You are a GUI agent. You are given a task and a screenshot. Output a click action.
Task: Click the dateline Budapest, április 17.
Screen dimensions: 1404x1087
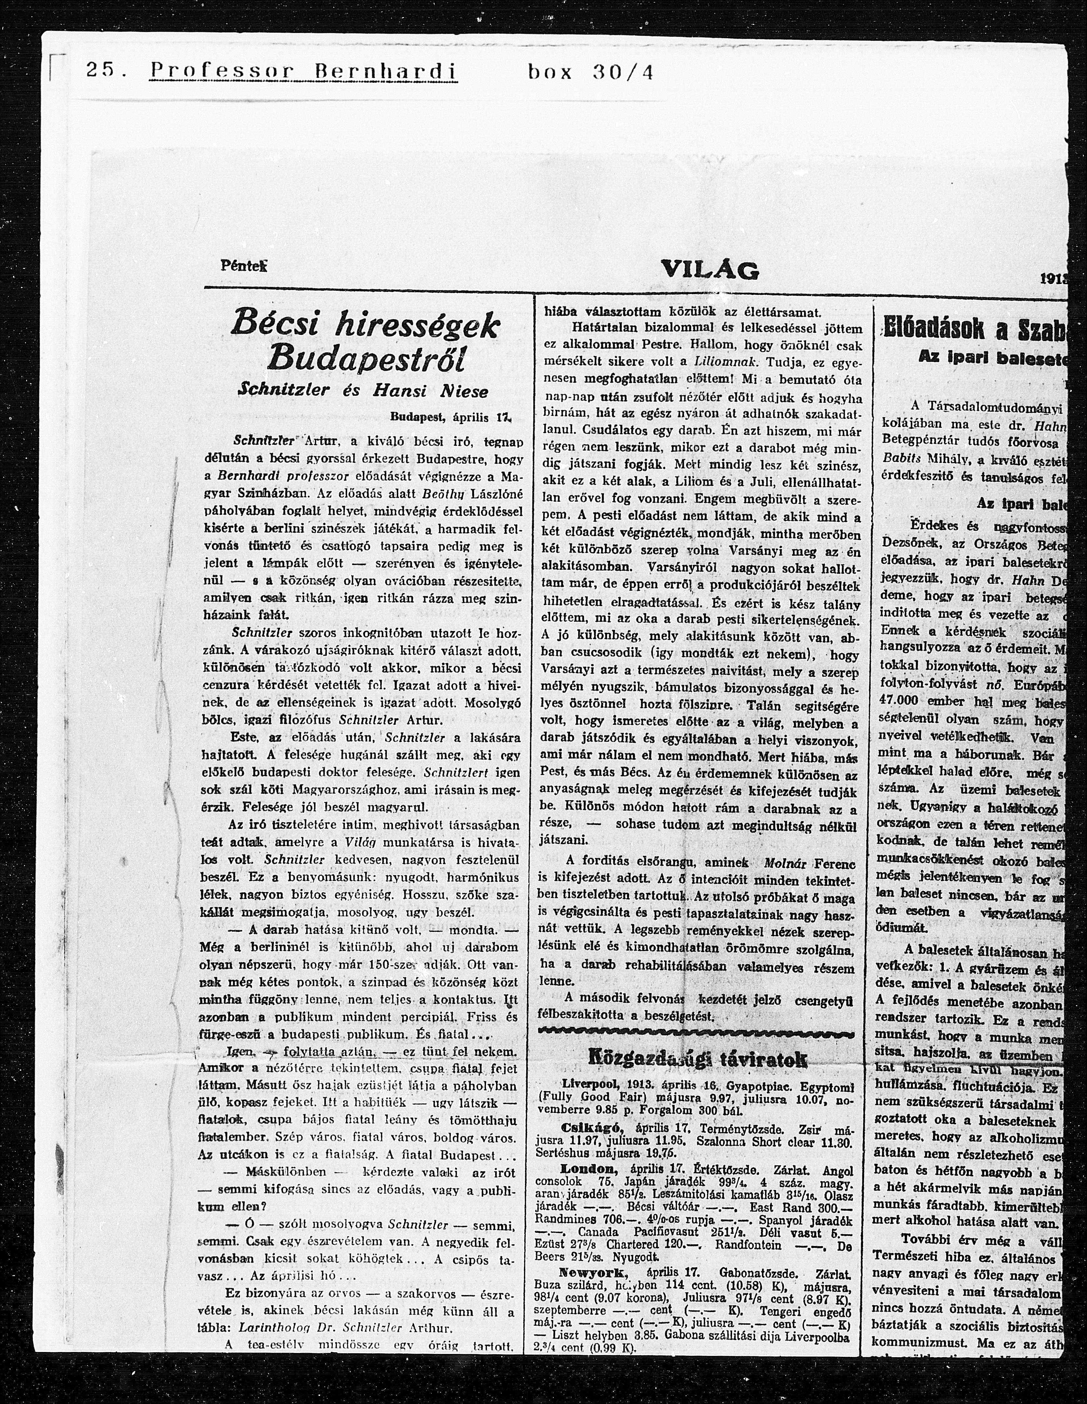450,416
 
